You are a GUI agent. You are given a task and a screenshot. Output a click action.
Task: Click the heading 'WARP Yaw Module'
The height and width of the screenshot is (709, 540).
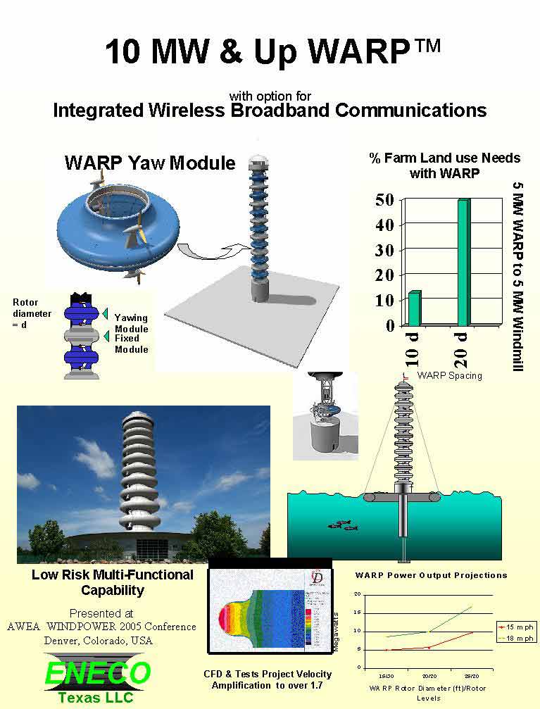tap(150, 163)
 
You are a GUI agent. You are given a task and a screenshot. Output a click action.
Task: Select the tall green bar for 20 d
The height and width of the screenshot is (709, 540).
tap(463, 262)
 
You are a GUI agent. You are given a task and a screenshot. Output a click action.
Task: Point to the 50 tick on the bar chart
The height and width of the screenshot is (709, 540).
tap(384, 200)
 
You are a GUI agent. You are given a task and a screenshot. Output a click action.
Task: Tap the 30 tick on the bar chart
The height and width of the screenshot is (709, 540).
tap(384, 251)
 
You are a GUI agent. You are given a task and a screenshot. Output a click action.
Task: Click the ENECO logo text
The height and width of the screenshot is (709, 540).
tap(97, 672)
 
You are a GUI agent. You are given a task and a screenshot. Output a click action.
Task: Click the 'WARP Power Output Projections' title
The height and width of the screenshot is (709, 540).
tap(431, 575)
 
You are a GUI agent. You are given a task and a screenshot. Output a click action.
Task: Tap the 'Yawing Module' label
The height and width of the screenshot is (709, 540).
tap(131, 323)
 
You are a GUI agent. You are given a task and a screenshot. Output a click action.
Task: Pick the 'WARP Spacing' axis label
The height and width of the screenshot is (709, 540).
tap(449, 375)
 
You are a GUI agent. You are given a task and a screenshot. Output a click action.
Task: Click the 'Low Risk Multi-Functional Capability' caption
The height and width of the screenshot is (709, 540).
tap(113, 582)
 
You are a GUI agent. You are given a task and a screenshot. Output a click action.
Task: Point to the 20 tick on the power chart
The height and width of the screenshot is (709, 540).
tap(358, 594)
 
